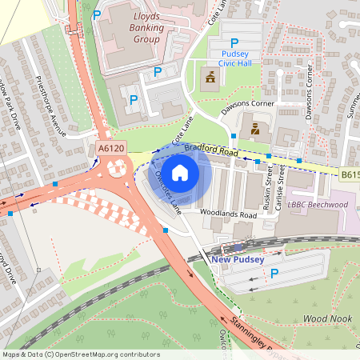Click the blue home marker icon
pos(181,172)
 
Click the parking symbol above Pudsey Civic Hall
pos(234,42)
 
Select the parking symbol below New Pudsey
pos(274,274)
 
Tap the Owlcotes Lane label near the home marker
pos(169,190)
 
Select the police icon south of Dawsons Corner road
pos(254,128)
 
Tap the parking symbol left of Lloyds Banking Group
pos(97,14)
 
